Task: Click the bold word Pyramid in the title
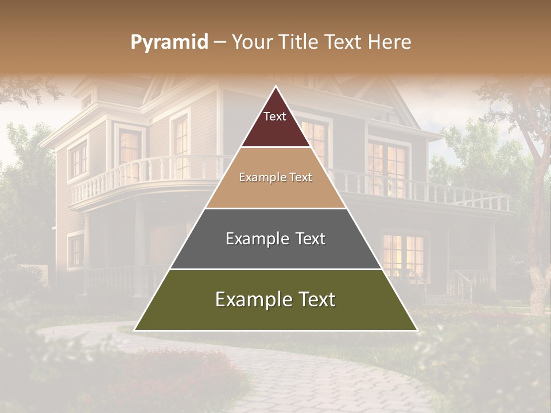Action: pos(169,42)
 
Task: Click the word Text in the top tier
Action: pos(275,116)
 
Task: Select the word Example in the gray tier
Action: pos(253,239)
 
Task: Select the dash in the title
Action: pos(220,42)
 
